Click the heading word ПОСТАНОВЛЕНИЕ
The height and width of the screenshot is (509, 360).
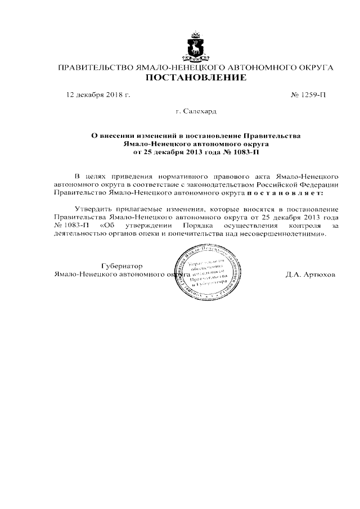pos(196,78)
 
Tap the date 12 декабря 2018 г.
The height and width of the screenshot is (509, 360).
pos(98,95)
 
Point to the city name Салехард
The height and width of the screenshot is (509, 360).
pos(196,112)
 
